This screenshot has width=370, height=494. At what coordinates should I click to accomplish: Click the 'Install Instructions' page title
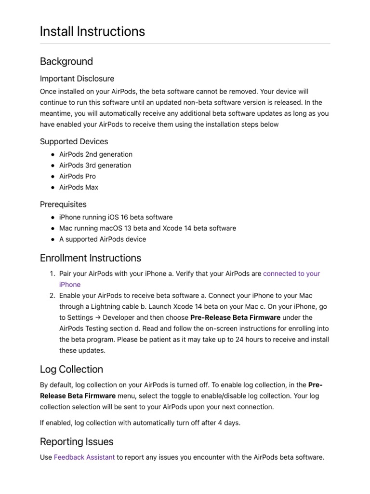(x=92, y=31)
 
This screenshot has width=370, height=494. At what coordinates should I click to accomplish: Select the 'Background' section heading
(x=66, y=61)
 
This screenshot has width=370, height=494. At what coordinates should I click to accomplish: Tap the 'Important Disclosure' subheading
(x=77, y=78)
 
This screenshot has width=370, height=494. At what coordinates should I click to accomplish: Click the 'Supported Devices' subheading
(x=74, y=141)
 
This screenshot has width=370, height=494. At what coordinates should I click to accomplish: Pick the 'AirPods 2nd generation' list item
(x=95, y=154)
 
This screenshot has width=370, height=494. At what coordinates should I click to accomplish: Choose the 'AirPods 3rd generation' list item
(x=95, y=165)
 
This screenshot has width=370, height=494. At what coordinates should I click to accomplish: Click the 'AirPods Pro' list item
(x=78, y=176)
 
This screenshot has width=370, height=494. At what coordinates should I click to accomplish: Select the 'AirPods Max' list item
(x=79, y=187)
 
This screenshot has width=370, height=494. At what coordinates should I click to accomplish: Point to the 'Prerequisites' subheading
(x=63, y=204)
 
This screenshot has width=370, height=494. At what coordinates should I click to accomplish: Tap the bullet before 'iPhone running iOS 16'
(x=52, y=218)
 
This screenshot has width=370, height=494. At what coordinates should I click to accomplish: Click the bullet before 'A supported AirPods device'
(x=52, y=239)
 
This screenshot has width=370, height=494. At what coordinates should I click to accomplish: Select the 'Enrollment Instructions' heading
(x=91, y=258)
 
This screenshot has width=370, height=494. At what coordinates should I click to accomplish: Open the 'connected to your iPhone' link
(x=291, y=274)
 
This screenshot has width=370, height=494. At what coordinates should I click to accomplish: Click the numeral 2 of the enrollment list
(x=53, y=295)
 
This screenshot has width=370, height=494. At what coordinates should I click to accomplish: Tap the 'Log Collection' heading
(x=71, y=369)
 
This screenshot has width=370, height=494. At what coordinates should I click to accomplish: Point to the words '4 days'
(x=229, y=423)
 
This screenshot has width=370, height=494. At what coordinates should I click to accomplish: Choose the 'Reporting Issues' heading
(x=77, y=441)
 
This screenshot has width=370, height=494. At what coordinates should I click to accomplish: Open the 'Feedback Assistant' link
(x=84, y=457)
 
